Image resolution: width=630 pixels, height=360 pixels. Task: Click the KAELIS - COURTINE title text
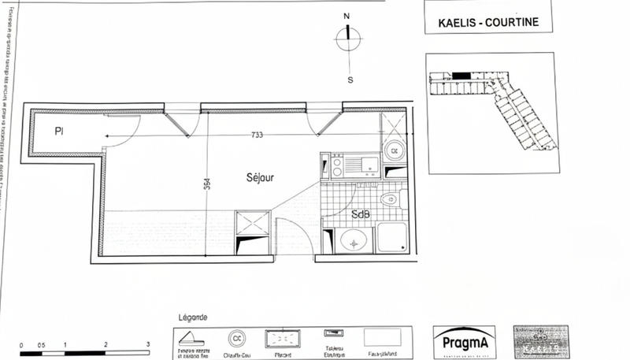488,22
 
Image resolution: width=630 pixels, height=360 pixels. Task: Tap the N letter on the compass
346,16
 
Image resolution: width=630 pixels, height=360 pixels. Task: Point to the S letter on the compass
350,80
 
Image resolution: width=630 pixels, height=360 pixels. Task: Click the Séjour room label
260,178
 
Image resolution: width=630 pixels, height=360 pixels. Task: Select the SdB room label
361,214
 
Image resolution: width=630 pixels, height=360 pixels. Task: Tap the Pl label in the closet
58,132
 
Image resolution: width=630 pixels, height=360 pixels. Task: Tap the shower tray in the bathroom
391,239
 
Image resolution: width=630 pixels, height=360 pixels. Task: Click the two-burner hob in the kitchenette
335,165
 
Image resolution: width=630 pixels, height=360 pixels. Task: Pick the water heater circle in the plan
393,150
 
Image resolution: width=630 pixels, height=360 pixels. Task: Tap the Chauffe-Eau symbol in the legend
235,337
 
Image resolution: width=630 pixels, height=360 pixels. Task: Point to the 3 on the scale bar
148,345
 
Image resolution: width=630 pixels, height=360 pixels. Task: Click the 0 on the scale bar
21,345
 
